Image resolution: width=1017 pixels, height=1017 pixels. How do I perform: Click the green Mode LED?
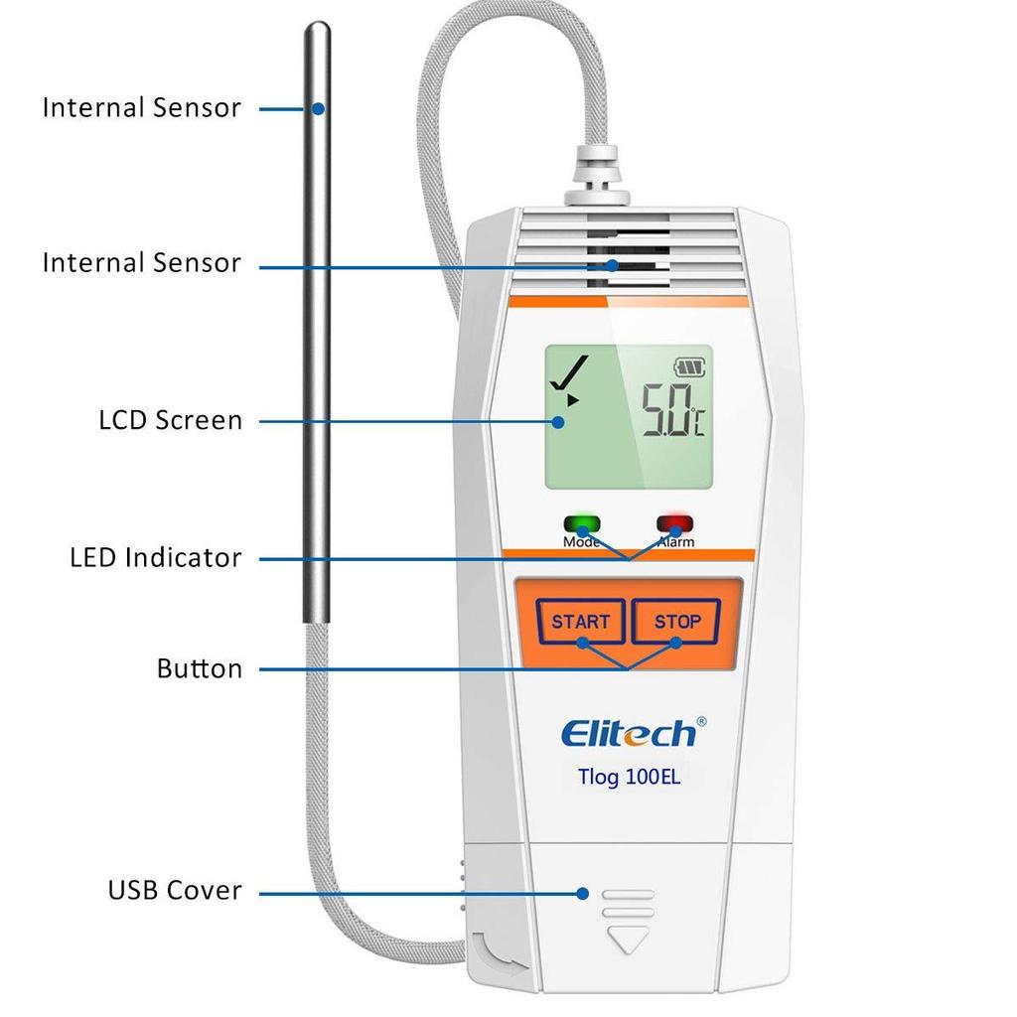click(582, 523)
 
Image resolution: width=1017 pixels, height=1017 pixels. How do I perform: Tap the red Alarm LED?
click(675, 522)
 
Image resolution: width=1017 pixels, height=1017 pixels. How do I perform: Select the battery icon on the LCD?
click(690, 367)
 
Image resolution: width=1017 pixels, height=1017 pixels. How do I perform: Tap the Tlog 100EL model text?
click(629, 777)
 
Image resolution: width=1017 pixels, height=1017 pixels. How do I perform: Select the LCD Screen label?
click(171, 420)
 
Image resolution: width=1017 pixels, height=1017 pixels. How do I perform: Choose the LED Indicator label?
click(156, 558)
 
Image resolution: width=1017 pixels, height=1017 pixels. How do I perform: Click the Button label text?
click(200, 668)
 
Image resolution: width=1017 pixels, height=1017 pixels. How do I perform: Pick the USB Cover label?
click(175, 890)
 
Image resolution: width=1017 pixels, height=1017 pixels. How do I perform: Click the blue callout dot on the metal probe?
click(318, 109)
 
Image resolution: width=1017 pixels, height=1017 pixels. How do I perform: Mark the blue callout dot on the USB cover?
click(582, 894)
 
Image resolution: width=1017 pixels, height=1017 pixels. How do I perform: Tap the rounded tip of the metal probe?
click(317, 26)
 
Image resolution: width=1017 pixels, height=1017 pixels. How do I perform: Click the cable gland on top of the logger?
click(597, 175)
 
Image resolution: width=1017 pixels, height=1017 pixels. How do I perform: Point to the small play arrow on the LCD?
click(572, 400)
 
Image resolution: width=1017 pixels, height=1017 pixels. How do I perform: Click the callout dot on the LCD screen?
click(558, 422)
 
